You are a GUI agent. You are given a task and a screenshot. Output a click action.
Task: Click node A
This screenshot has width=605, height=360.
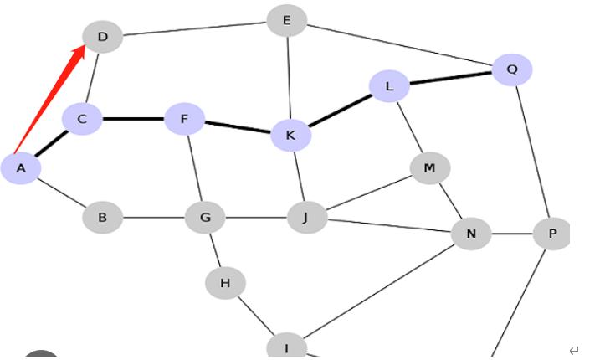pyautogui.click(x=21, y=168)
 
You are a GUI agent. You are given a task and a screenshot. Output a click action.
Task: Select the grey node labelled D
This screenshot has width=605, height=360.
pyautogui.click(x=103, y=37)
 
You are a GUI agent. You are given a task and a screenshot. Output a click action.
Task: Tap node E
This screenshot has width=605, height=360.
pyautogui.click(x=287, y=20)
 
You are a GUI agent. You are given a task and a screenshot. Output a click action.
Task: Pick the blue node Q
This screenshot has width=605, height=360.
pyautogui.click(x=512, y=69)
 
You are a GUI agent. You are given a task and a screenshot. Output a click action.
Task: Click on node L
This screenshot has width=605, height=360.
pyautogui.click(x=389, y=85)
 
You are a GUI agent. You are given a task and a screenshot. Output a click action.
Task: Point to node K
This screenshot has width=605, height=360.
pyautogui.click(x=290, y=135)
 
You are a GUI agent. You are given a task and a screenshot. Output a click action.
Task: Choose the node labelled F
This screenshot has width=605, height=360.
pyautogui.click(x=185, y=119)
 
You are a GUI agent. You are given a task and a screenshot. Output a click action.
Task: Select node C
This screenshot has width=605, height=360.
pyautogui.click(x=82, y=119)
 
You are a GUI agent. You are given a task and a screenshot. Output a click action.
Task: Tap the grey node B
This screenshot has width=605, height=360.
pyautogui.click(x=102, y=218)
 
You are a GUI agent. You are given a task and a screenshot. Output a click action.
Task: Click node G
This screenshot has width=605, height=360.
pyautogui.click(x=205, y=218)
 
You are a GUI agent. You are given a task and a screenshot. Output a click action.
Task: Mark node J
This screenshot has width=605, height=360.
pyautogui.click(x=306, y=218)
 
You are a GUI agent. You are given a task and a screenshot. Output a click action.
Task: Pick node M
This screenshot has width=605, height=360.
pyautogui.click(x=429, y=168)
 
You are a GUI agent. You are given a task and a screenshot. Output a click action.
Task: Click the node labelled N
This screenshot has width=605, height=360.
pyautogui.click(x=471, y=234)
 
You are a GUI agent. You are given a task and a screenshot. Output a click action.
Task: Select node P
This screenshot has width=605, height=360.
pyautogui.click(x=551, y=234)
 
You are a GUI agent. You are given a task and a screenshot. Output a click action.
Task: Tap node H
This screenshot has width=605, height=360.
pyautogui.click(x=225, y=283)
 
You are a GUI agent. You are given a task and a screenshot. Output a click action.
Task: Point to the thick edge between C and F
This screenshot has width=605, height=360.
pyautogui.click(x=134, y=119)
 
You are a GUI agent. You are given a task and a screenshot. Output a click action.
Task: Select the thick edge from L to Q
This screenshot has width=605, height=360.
pyautogui.click(x=450, y=77)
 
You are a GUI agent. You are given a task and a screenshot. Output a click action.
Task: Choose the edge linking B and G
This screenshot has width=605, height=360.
pyautogui.click(x=154, y=218)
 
